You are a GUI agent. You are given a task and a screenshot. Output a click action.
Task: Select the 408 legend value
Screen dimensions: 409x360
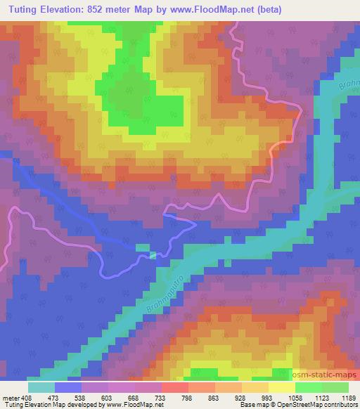click(x=22, y=398)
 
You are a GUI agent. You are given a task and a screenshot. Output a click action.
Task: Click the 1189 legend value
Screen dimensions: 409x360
click(x=347, y=398)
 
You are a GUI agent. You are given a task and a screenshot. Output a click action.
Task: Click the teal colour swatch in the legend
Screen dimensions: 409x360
click(x=41, y=387)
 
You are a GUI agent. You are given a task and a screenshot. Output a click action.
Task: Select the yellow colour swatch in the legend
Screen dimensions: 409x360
click(x=282, y=387)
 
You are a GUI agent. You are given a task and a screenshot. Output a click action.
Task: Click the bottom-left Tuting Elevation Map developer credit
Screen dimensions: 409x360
click(x=82, y=405)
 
